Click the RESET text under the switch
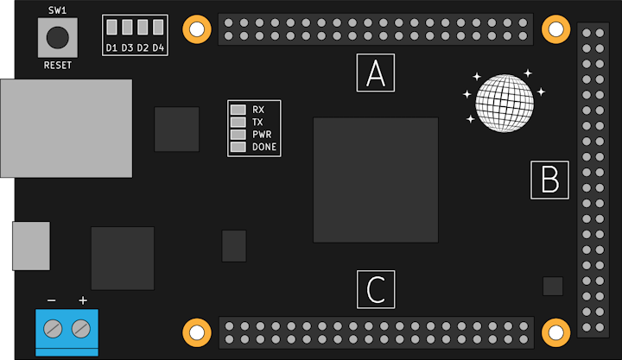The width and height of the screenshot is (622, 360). (58, 66)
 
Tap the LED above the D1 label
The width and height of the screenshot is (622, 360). (111, 27)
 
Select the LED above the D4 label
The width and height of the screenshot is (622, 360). (158, 27)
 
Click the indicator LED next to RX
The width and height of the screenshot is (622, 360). (238, 110)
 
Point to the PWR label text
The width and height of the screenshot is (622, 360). (262, 135)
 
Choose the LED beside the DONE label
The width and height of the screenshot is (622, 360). (238, 147)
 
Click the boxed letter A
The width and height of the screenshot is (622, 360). (376, 73)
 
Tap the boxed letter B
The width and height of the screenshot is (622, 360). (549, 180)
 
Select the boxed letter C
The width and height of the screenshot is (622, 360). (376, 289)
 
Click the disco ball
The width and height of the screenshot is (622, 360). (505, 104)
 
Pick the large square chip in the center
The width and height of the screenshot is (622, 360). (375, 180)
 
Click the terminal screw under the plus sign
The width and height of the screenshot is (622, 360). (81, 329)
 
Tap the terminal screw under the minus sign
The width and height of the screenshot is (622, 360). (53, 329)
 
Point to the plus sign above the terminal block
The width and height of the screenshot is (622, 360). (83, 300)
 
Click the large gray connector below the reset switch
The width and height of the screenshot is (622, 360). (66, 128)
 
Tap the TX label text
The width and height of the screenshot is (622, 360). (257, 123)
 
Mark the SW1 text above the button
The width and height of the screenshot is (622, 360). (58, 10)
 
